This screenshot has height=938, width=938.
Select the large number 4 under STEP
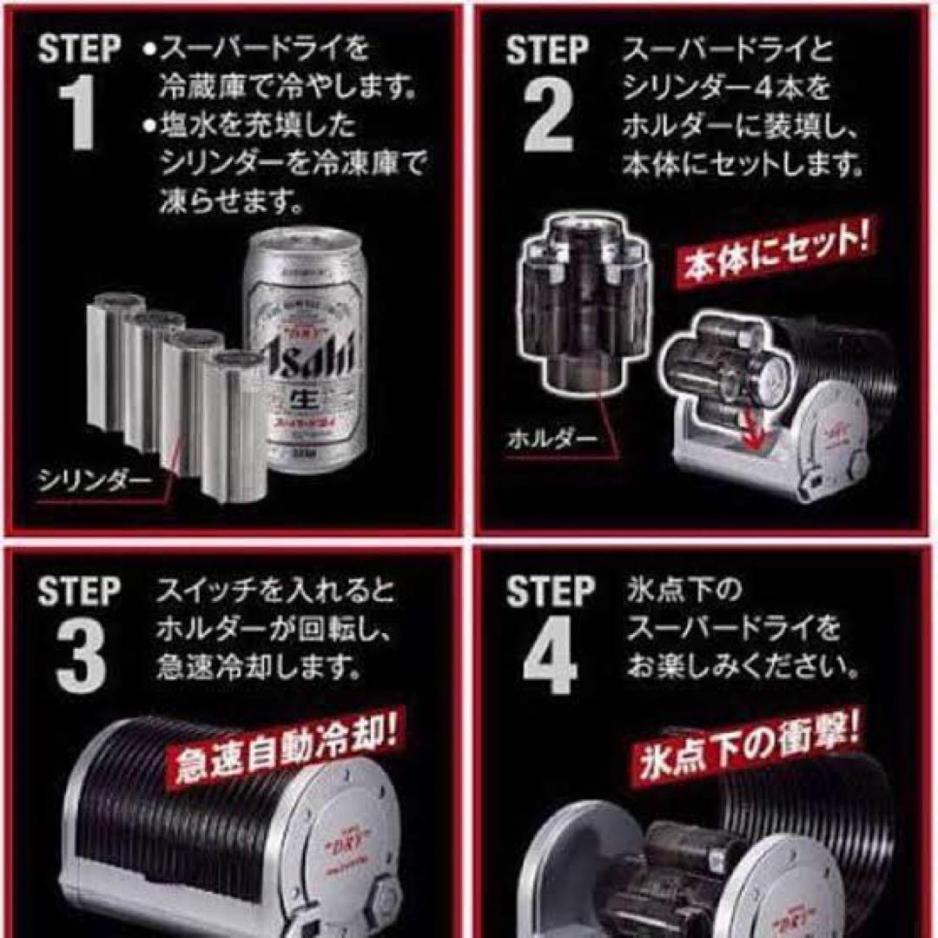(549, 657)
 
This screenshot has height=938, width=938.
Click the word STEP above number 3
(79, 592)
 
